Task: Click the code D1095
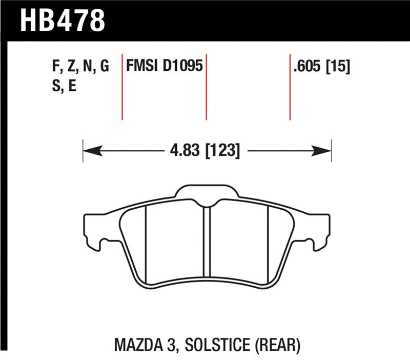[184, 67]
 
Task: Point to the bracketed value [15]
[338, 67]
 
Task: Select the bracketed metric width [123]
[223, 151]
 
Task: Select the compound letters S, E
[64, 86]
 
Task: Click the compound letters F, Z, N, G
[80, 67]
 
